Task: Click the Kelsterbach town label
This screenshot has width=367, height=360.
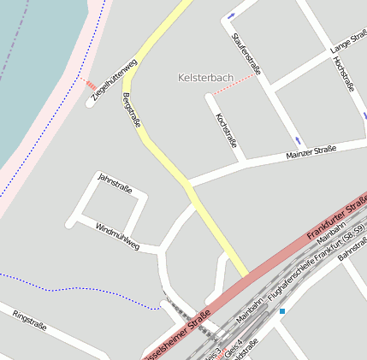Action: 204,78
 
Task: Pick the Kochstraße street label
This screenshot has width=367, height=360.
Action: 226,130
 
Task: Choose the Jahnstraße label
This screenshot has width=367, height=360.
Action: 115,183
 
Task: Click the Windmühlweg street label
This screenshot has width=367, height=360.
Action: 117,237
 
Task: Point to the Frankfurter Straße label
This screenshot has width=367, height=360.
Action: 336,217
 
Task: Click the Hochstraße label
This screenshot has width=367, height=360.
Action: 344,74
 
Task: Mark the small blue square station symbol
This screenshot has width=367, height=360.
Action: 282,311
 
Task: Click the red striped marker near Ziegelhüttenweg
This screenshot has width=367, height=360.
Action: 90,85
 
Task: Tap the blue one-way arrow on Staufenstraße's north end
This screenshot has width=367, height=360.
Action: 231,16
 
